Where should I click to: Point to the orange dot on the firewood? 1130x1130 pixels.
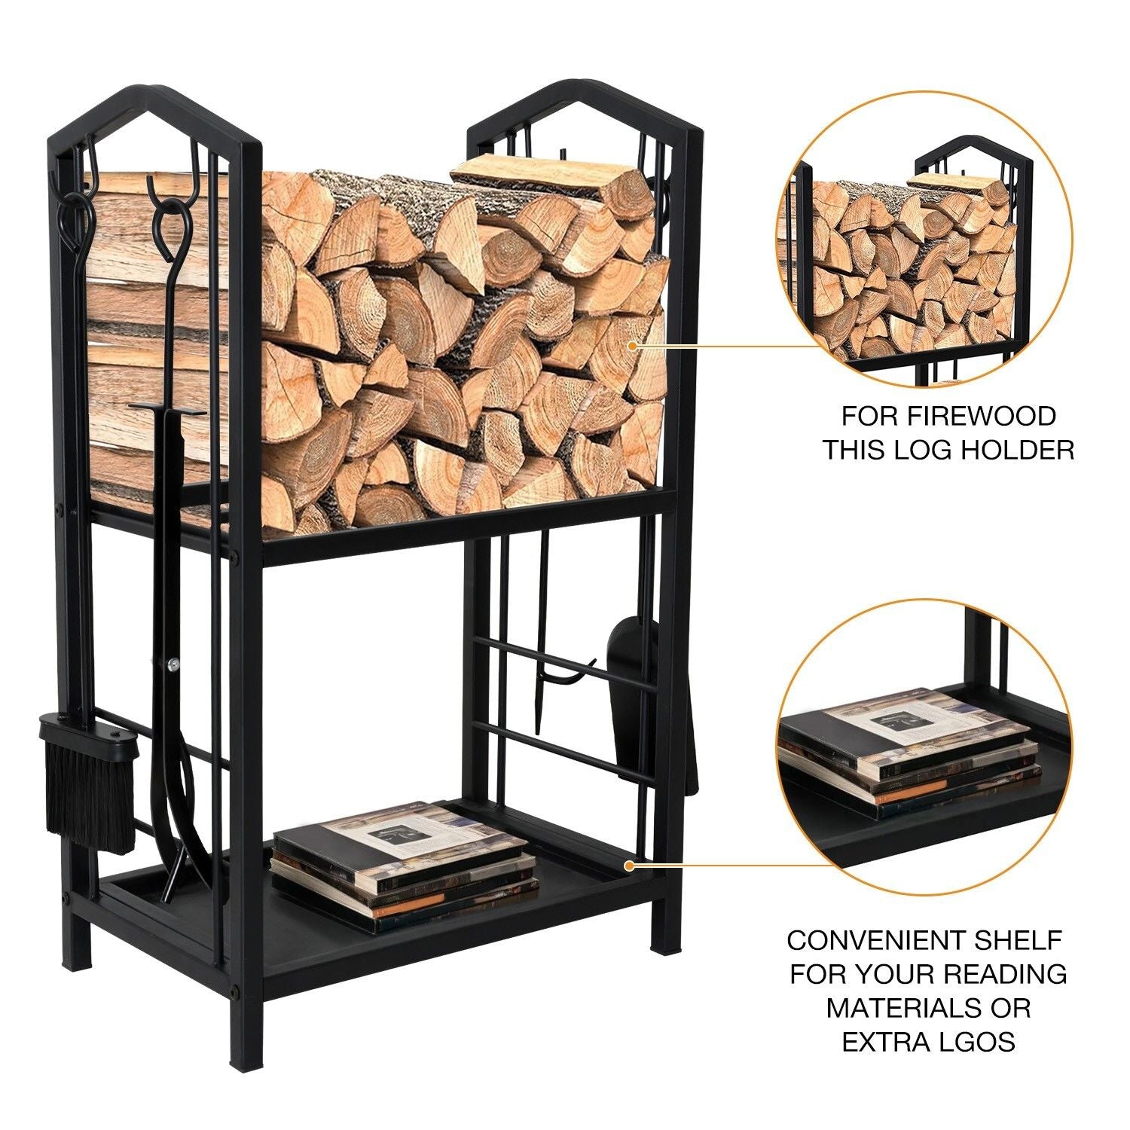pyautogui.click(x=634, y=346)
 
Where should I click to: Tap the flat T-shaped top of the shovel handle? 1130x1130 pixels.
pyautogui.click(x=167, y=408)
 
